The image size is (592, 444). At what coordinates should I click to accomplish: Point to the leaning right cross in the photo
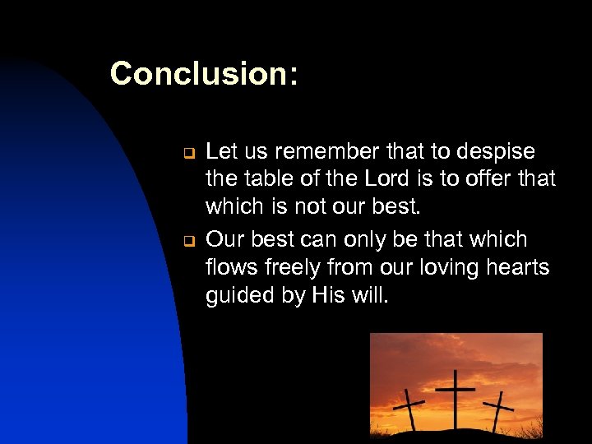point(497,409)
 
